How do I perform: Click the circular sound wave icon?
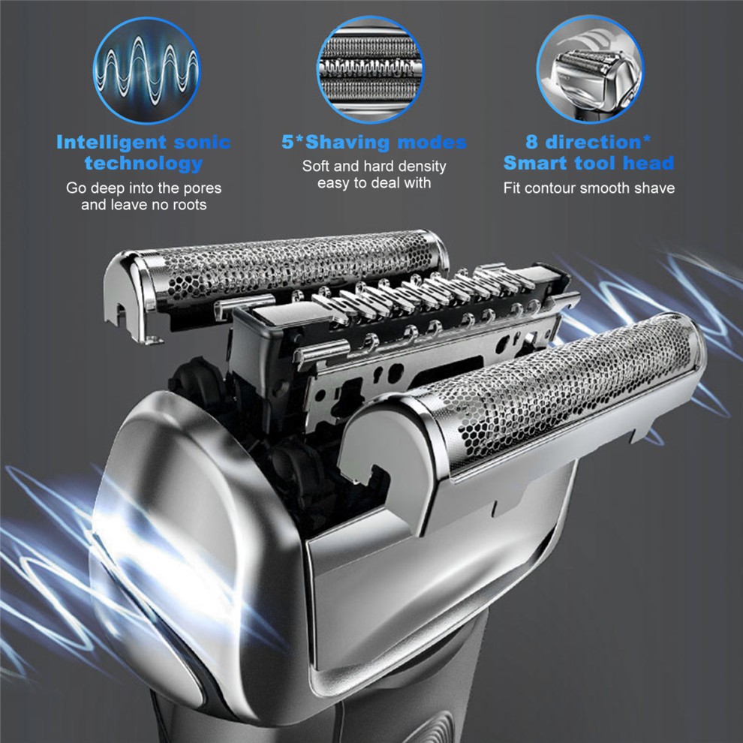click(146, 70)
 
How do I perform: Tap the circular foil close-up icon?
click(370, 69)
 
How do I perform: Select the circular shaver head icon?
click(590, 69)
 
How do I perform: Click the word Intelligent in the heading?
click(111, 142)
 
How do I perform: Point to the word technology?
click(143, 164)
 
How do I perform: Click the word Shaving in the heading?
click(348, 142)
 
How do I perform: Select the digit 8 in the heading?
click(531, 142)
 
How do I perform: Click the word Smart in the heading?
click(535, 163)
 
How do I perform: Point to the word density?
click(421, 167)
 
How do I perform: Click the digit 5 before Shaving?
click(287, 142)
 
